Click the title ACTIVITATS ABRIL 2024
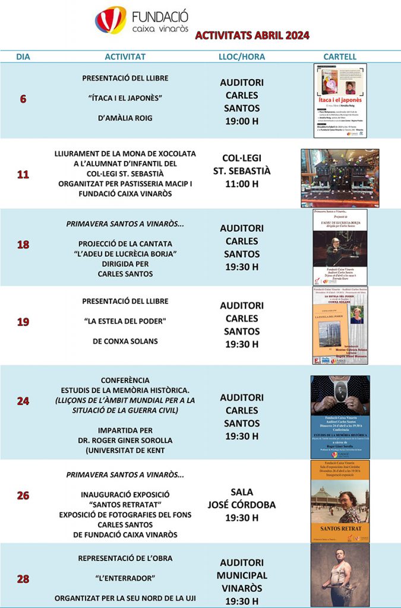(x=252, y=36)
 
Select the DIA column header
(x=23, y=57)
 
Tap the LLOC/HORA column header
(x=242, y=57)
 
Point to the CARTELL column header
(x=340, y=57)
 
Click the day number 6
(x=23, y=99)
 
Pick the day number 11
(x=23, y=175)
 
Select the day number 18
(x=23, y=245)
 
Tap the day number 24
(x=23, y=401)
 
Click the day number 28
(x=23, y=579)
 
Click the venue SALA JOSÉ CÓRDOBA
(x=242, y=499)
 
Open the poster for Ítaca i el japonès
(x=340, y=100)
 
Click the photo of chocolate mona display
(x=340, y=178)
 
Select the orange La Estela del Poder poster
(x=340, y=325)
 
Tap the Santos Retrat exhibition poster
(x=340, y=502)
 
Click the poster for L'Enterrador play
(x=340, y=575)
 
